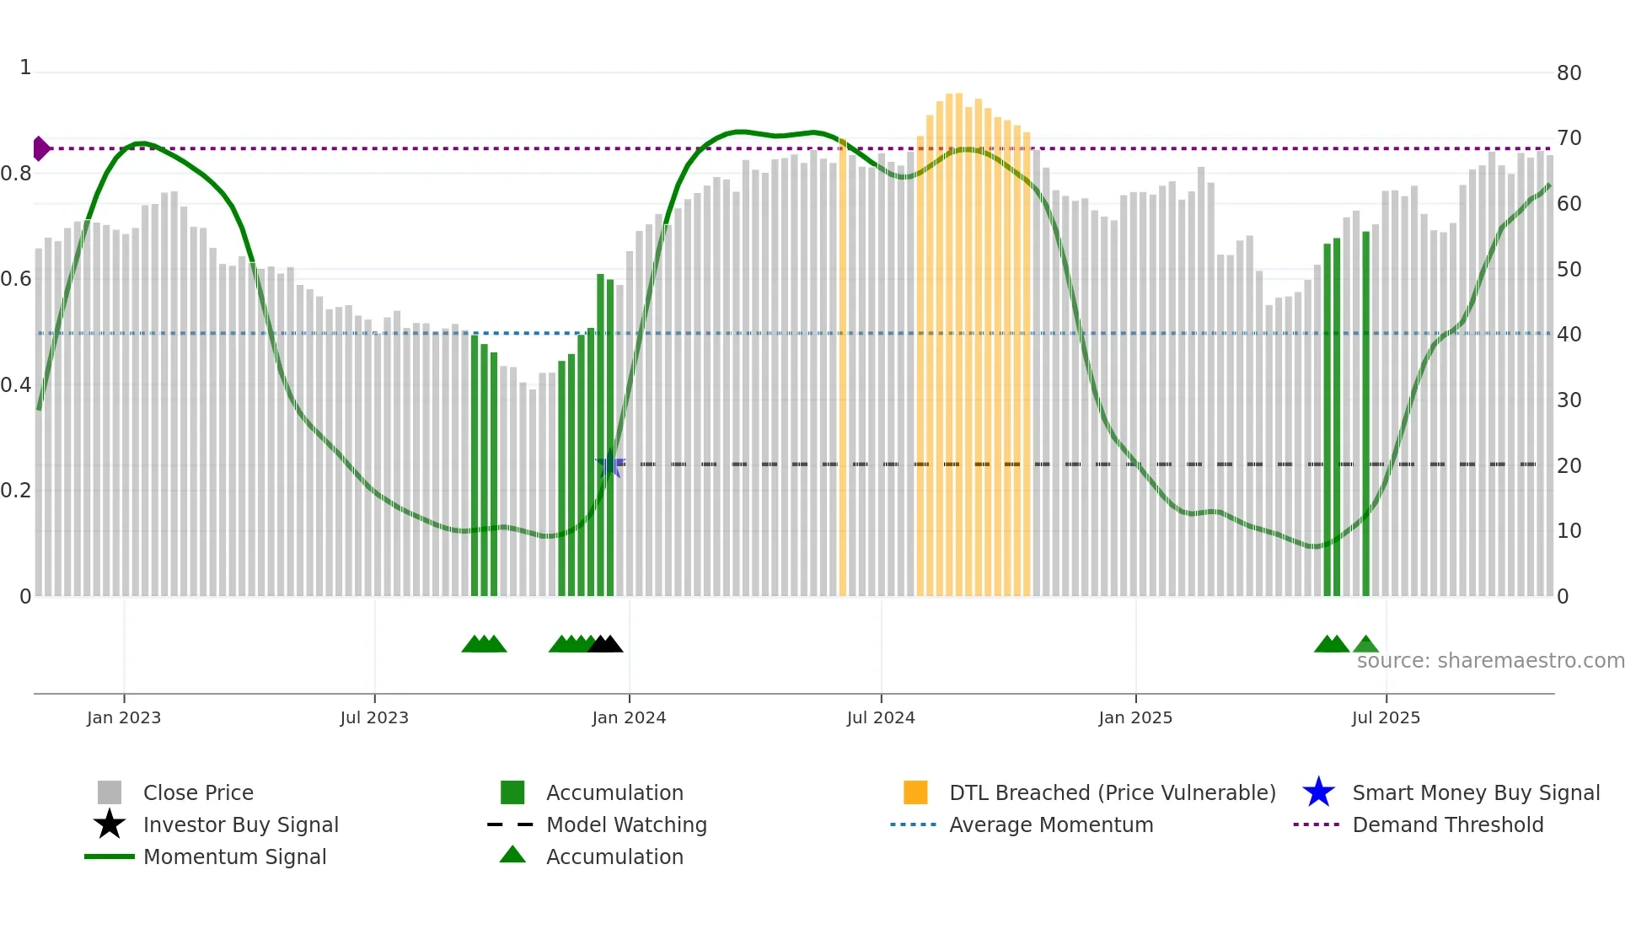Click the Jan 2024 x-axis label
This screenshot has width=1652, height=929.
[x=629, y=717]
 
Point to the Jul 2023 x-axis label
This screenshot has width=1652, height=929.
[x=374, y=717]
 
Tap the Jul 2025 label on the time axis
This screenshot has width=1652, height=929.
[x=1386, y=717]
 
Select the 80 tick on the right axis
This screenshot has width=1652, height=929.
[x=1569, y=73]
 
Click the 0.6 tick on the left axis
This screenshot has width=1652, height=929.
[x=16, y=279]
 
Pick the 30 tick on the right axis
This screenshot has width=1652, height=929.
[x=1569, y=400]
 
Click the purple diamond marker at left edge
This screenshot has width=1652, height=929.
[x=40, y=148]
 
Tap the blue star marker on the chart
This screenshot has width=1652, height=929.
[x=610, y=464]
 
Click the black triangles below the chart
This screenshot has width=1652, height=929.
[x=605, y=644]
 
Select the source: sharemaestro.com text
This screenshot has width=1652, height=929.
[x=1490, y=661]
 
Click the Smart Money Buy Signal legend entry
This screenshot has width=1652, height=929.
[x=1475, y=792]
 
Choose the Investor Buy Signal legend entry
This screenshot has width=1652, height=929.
[x=240, y=824]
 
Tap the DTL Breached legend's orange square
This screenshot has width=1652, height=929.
[x=915, y=792]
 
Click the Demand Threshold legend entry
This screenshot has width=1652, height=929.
[x=1447, y=824]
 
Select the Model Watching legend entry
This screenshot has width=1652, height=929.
[x=625, y=824]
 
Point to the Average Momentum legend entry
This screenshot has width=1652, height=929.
[x=1050, y=824]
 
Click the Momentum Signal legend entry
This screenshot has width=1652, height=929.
[x=234, y=857]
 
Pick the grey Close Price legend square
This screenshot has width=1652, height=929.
[x=110, y=792]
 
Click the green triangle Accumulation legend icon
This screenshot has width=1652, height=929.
[x=512, y=855]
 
